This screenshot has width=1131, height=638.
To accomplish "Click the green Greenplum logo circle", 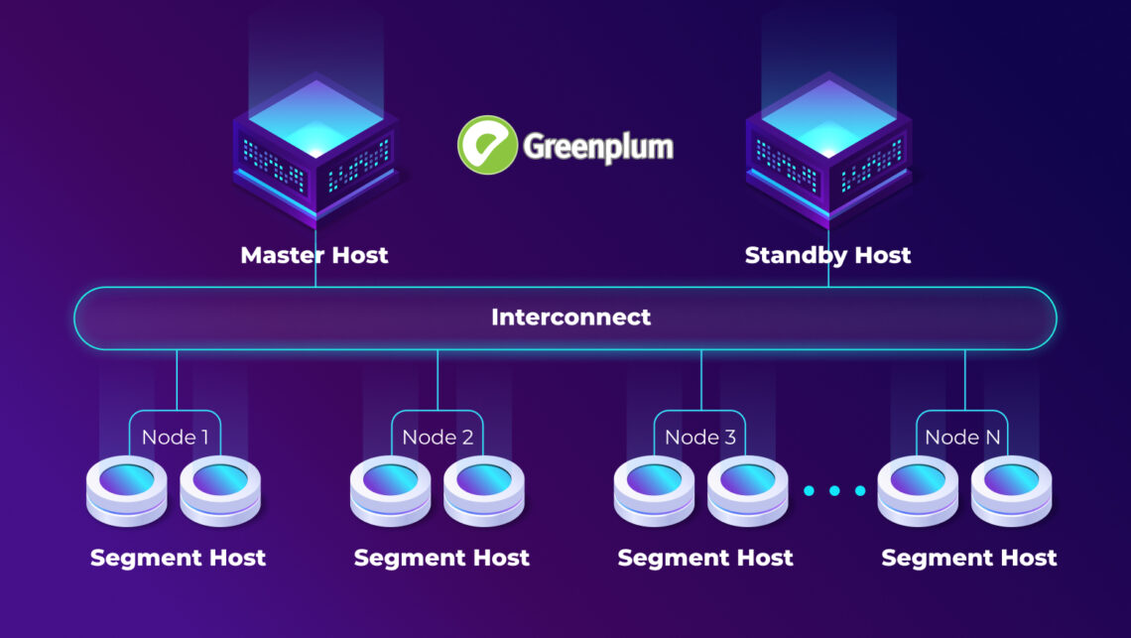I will click(487, 145).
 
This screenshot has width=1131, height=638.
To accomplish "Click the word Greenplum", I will click(598, 147).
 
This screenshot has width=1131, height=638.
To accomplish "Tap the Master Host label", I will click(314, 255).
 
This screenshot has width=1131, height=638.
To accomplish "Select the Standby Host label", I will click(827, 255).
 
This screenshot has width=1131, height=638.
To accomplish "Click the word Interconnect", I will click(571, 318).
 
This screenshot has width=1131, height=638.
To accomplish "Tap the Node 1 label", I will click(175, 437).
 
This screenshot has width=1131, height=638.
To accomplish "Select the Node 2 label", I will click(438, 437).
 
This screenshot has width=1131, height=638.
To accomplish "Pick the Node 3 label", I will click(700, 437).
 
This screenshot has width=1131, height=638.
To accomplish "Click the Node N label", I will click(964, 437).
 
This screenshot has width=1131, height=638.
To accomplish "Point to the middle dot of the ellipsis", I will click(833, 491).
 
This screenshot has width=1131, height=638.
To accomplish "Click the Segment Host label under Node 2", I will click(441, 558).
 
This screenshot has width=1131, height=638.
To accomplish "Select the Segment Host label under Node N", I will click(969, 558).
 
